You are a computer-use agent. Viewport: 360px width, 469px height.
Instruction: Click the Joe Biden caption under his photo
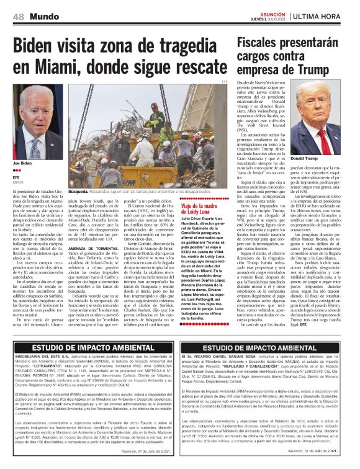[22, 163]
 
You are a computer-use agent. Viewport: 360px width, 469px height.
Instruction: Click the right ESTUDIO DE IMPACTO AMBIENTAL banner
[269, 349]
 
